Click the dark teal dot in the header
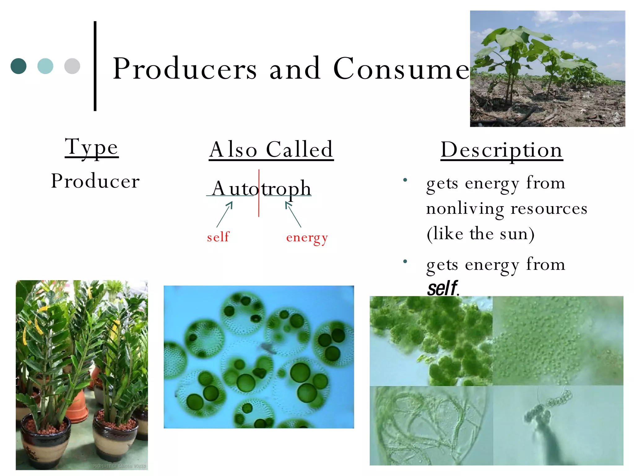[x=18, y=66]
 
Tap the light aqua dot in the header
[x=45, y=66]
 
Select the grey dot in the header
[x=72, y=66]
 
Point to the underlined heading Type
[x=92, y=147]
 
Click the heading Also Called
[x=271, y=150]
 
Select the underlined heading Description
[x=502, y=150]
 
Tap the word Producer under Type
[x=95, y=181]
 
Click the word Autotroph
[x=262, y=188]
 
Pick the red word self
[x=218, y=237]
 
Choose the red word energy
[x=307, y=238]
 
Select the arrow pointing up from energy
[x=293, y=214]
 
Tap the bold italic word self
[x=442, y=288]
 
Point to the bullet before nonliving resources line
[x=405, y=180]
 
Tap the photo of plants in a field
[x=547, y=69]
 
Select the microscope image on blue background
[x=259, y=357]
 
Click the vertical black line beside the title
[x=95, y=66]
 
